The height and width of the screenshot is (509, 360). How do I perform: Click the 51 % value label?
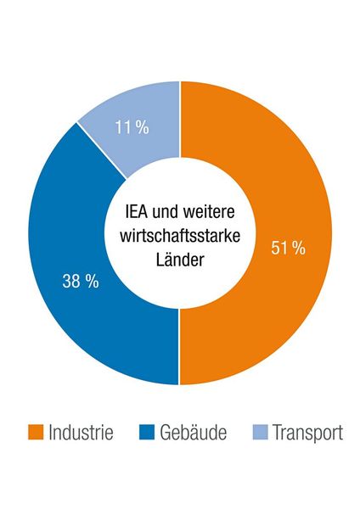(x=288, y=248)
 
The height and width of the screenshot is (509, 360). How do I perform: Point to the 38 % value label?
(x=81, y=282)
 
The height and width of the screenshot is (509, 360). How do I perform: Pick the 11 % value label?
(x=131, y=128)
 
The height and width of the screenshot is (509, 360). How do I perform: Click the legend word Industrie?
(x=82, y=433)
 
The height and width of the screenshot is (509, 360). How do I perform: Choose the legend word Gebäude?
(x=193, y=433)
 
